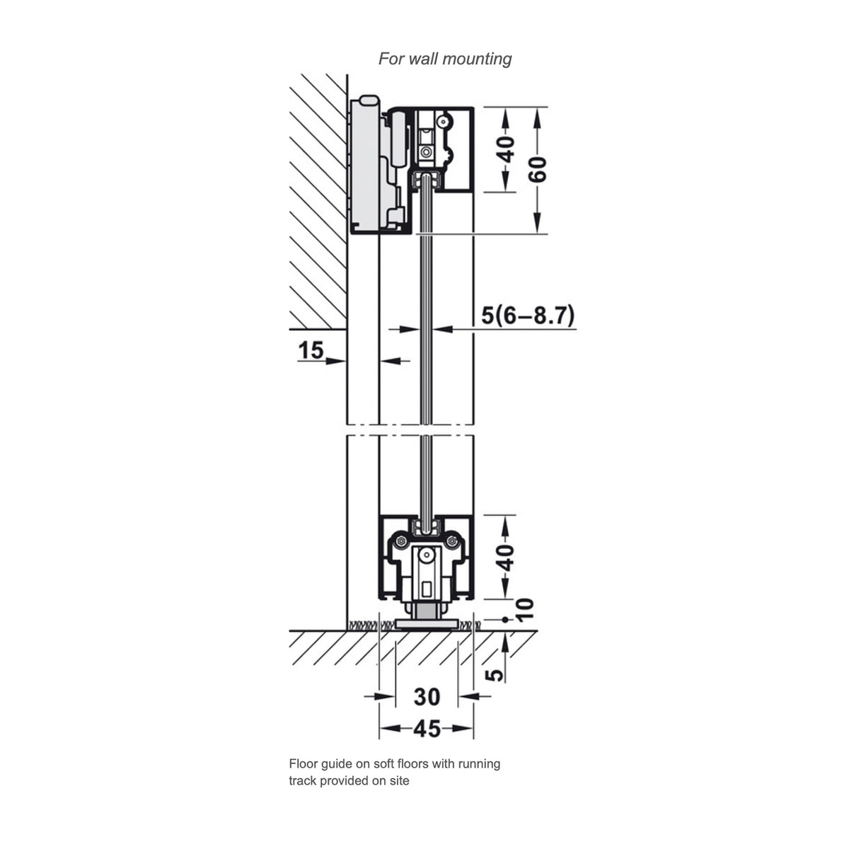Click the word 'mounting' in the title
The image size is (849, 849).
[478, 59]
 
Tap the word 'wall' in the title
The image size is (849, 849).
[424, 59]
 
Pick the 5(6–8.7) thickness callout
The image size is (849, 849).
[528, 315]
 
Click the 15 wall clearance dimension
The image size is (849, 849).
[311, 350]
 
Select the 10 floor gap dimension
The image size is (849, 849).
[524, 608]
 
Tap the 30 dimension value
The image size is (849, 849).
[427, 697]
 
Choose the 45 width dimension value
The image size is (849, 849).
[427, 728]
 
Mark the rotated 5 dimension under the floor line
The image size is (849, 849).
[497, 674]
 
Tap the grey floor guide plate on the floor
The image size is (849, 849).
[424, 624]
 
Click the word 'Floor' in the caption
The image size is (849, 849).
[303, 764]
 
